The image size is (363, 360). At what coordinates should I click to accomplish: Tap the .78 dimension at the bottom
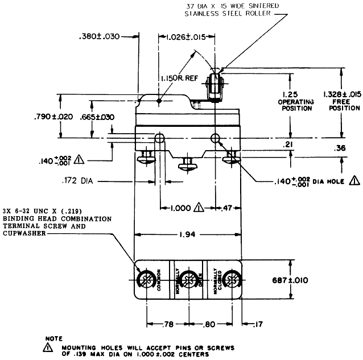coord(168,324)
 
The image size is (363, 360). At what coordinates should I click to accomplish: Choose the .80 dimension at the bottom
coord(208,324)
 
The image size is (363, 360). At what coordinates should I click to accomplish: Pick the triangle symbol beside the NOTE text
coord(48,347)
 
